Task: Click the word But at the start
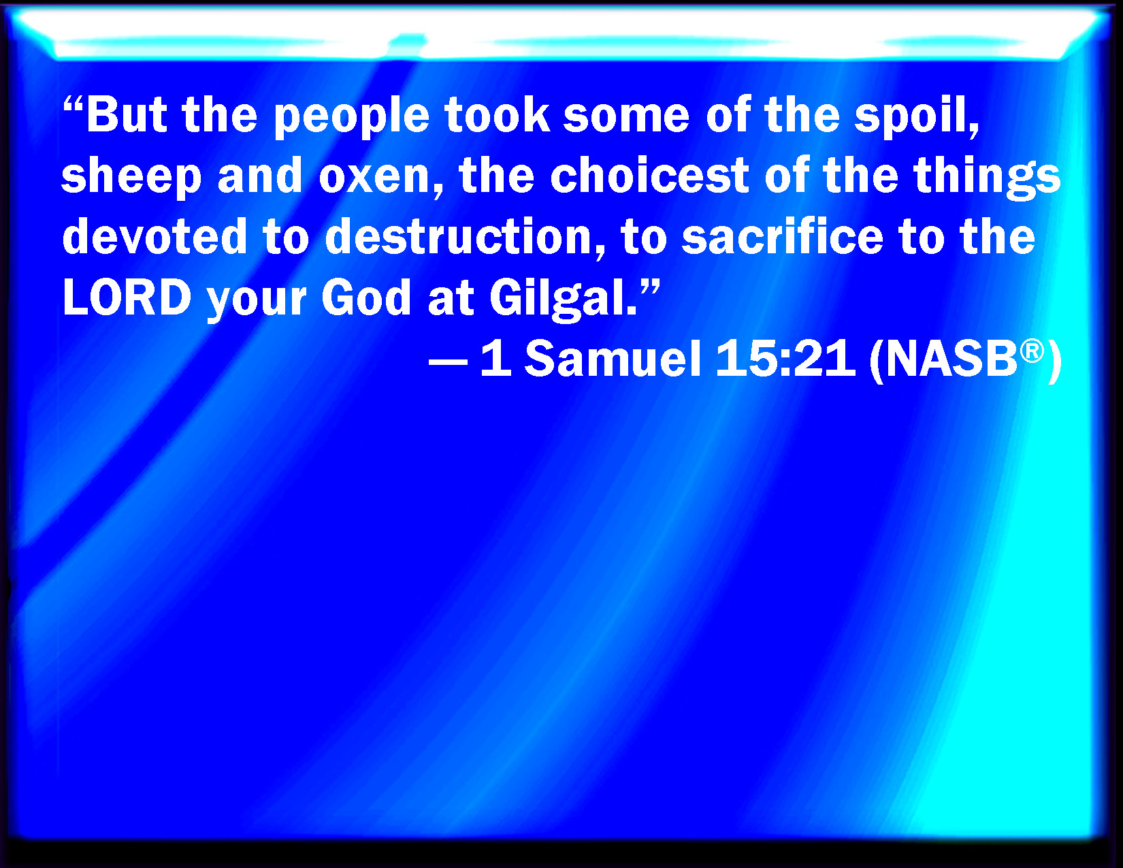[x=127, y=114]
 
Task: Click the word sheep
[x=131, y=178]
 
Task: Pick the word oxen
[x=374, y=178]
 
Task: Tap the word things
[x=987, y=178]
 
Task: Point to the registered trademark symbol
[x=1032, y=351]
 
